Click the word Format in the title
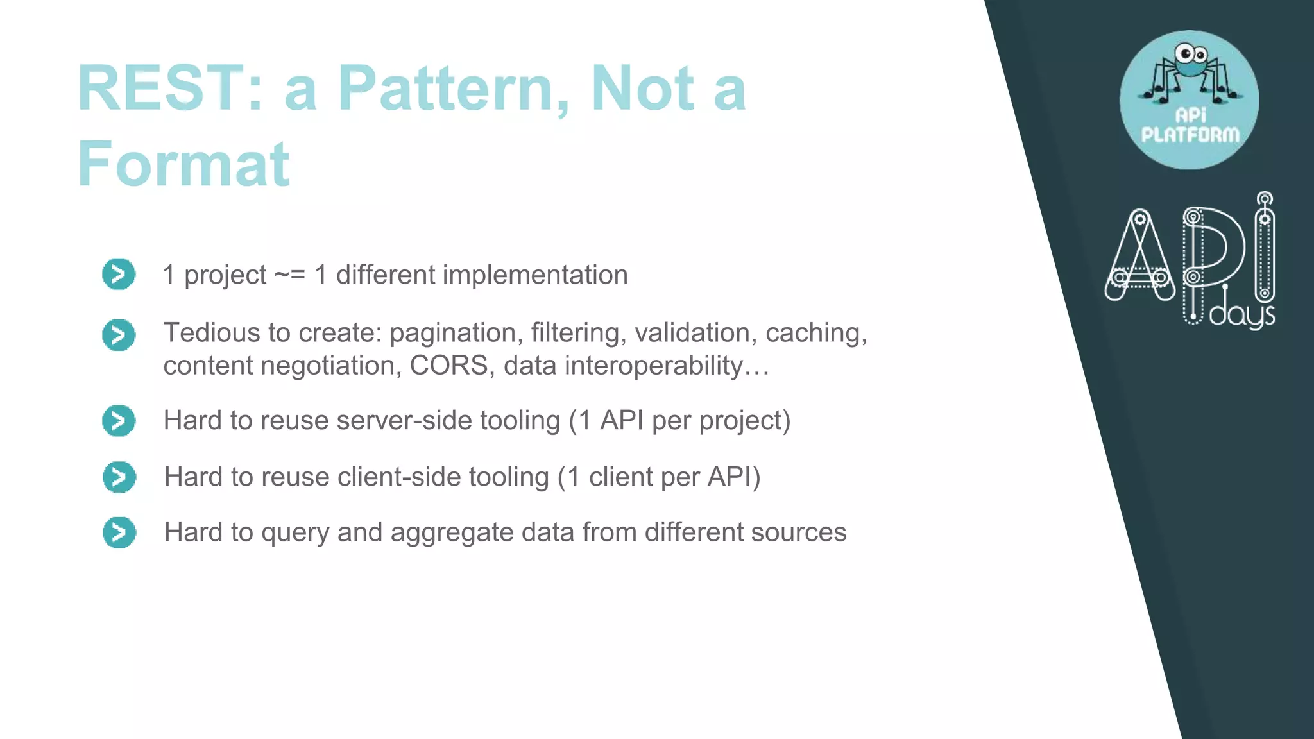pyautogui.click(x=183, y=164)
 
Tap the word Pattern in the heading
pyautogui.click(x=452, y=89)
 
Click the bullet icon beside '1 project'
pyautogui.click(x=119, y=275)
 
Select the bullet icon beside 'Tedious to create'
pyautogui.click(x=119, y=335)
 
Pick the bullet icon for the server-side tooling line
pyautogui.click(x=119, y=421)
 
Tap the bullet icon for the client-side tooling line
pyautogui.click(x=119, y=477)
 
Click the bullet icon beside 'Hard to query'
pyautogui.click(x=119, y=532)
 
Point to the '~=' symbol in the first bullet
pyautogui.click(x=289, y=275)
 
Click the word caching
pyautogui.click(x=815, y=333)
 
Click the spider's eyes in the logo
pyautogui.click(x=1191, y=53)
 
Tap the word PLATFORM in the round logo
pyautogui.click(x=1190, y=135)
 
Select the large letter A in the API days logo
pyautogui.click(x=1139, y=257)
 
